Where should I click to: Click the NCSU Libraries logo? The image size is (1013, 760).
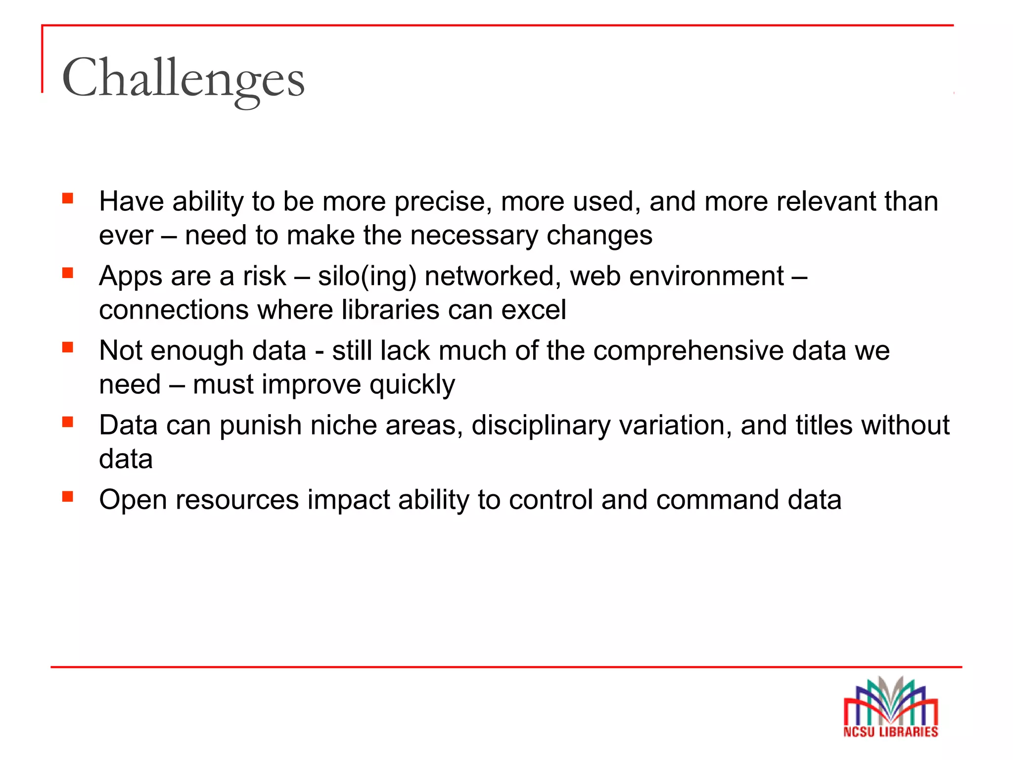[891, 708]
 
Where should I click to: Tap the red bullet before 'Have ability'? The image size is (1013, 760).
[68, 199]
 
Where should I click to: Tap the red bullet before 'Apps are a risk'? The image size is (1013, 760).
[68, 273]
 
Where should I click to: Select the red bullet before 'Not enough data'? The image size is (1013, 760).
[68, 347]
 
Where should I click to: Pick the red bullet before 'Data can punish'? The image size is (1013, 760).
[68, 422]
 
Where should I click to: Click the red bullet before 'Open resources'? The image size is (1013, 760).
[68, 496]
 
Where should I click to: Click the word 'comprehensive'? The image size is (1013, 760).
[688, 351]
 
